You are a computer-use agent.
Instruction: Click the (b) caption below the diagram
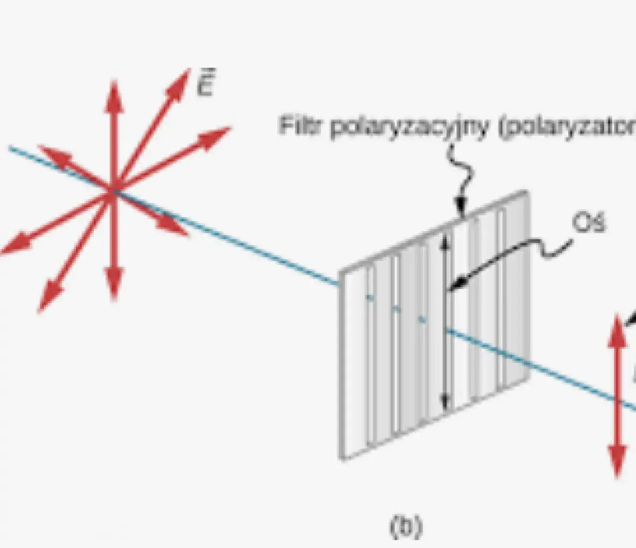pyautogui.click(x=405, y=527)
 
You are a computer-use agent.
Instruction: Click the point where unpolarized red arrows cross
pyautogui.click(x=114, y=192)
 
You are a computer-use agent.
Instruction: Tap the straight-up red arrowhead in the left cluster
pyautogui.click(x=114, y=92)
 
